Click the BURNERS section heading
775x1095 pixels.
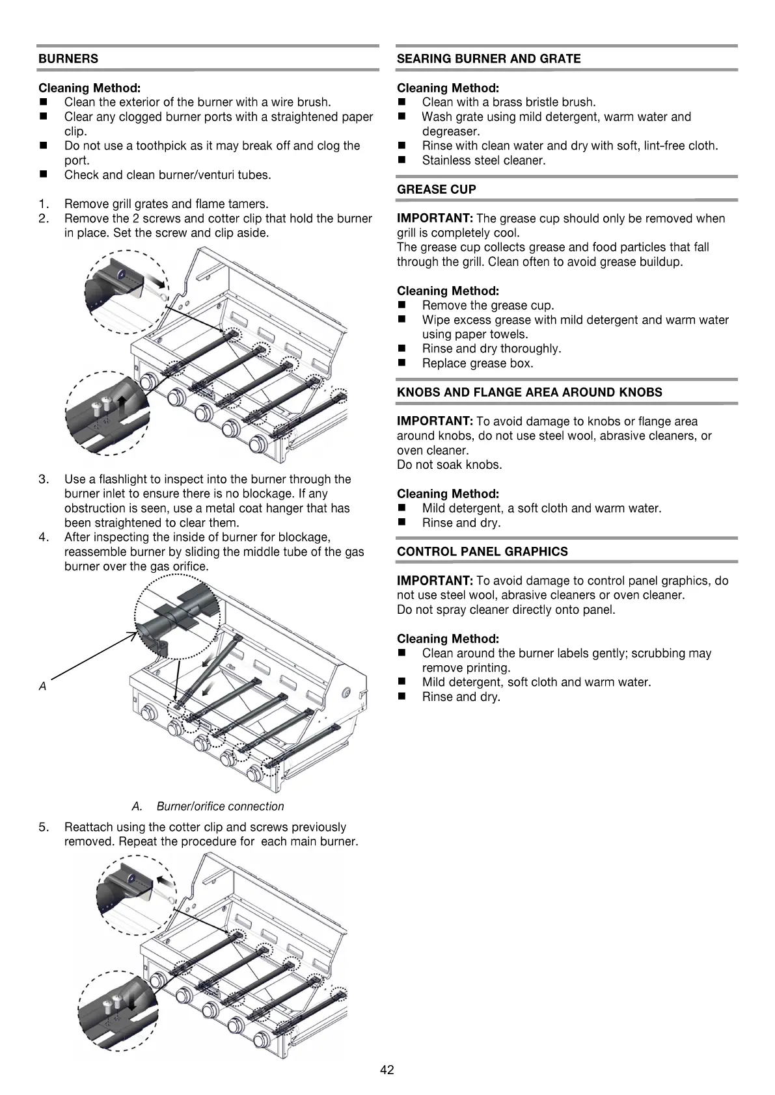click(68, 59)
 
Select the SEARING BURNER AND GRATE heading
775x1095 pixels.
click(488, 59)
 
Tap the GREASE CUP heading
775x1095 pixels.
click(436, 189)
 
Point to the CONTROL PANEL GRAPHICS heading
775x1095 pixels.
click(482, 551)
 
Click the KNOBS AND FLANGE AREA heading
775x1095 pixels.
click(529, 392)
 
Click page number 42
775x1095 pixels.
click(387, 1070)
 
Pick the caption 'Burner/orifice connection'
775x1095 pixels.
click(220, 806)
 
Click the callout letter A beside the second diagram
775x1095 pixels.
click(42, 686)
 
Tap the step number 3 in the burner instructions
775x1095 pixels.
click(44, 479)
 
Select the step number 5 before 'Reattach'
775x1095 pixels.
click(44, 827)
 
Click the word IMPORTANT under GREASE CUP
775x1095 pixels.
click(435, 218)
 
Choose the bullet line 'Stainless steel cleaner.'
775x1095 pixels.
click(483, 160)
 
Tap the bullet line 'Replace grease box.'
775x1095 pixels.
click(477, 363)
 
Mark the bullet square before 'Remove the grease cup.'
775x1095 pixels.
click(401, 305)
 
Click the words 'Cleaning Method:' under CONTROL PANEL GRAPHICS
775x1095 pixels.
click(448, 639)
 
